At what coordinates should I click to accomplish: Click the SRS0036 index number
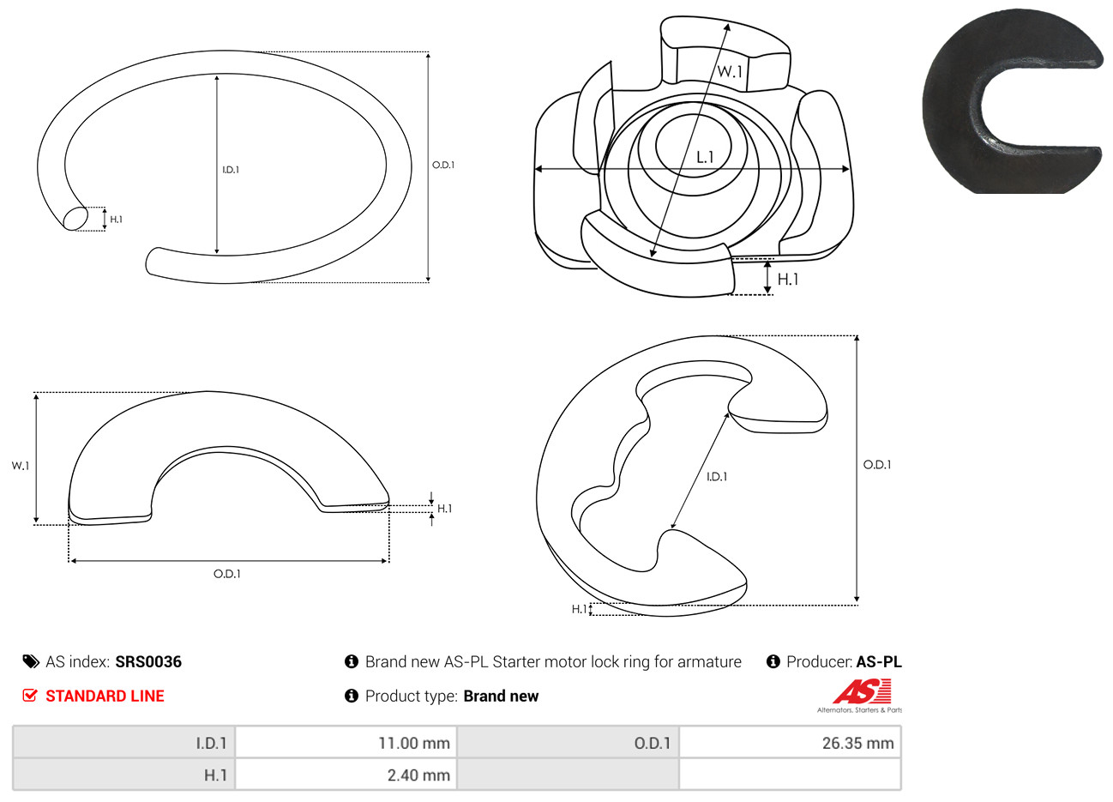coord(148,662)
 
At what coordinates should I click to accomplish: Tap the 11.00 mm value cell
coord(346,743)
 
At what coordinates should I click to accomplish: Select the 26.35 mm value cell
coord(790,743)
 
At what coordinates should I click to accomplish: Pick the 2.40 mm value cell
coord(346,775)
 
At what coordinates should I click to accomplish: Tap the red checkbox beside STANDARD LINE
coord(30,695)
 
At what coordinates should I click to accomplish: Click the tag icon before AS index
coord(31,662)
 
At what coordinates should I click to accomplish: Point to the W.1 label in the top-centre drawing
coord(730,71)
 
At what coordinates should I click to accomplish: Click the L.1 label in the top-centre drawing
coord(705,158)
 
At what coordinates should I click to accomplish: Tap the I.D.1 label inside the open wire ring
coord(231,170)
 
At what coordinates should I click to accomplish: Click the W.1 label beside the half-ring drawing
coord(21,466)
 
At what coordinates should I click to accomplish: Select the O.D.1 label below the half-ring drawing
coord(227,574)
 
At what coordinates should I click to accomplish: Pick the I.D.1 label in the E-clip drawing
coord(717,477)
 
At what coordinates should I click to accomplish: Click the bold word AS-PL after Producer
coord(878,662)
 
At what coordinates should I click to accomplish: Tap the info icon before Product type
coord(352,696)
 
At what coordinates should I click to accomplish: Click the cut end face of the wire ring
coord(75,218)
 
